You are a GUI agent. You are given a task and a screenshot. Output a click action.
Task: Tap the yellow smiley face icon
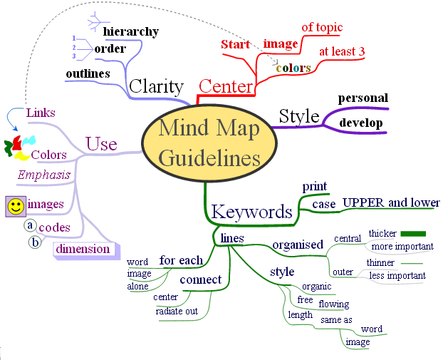tap(15, 206)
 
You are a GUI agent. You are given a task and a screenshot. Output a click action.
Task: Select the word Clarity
tap(157, 86)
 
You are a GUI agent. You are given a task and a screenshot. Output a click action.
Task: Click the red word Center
tap(226, 87)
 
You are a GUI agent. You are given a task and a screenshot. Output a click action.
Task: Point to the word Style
tap(298, 116)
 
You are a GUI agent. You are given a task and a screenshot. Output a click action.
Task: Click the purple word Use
tap(101, 144)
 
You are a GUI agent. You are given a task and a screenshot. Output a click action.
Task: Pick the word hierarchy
tap(130, 32)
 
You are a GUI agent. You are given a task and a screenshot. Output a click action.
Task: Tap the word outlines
tap(88, 73)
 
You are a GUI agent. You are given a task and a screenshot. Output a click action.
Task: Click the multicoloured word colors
tap(293, 68)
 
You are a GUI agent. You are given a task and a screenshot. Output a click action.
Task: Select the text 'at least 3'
tap(342, 51)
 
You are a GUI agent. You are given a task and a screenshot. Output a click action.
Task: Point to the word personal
tap(363, 98)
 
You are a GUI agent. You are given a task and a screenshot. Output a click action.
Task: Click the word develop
tap(361, 123)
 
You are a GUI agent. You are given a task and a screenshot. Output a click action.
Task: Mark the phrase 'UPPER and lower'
tap(391, 202)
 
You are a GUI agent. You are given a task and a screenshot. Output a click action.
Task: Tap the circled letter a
tap(30, 225)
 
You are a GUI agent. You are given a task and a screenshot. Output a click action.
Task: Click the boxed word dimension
tap(83, 249)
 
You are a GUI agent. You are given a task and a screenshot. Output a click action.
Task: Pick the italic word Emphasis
tap(45, 175)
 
